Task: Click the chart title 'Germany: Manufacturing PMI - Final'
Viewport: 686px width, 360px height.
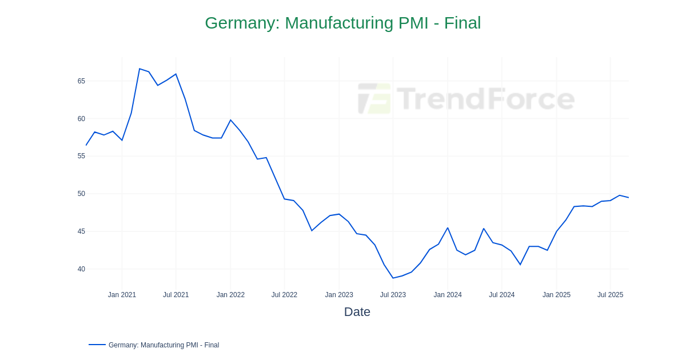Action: (342, 23)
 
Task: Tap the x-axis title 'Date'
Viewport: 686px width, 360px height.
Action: (357, 312)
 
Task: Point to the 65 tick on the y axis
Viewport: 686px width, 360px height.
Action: (81, 81)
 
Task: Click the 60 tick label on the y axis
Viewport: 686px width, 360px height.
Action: (81, 119)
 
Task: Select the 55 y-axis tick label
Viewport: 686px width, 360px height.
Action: (81, 156)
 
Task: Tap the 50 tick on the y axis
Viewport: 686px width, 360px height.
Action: (81, 194)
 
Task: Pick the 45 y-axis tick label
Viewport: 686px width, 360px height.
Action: (81, 231)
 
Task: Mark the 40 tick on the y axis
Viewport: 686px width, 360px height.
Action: (81, 269)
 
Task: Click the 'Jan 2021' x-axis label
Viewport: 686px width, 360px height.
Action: (122, 295)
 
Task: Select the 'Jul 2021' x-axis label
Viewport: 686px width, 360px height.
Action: (176, 295)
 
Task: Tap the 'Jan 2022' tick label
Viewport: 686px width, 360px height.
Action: (230, 295)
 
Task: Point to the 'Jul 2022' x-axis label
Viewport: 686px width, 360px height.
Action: (284, 295)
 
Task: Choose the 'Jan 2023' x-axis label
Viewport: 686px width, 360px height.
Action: (339, 295)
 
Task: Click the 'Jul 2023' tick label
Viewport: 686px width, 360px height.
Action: (393, 295)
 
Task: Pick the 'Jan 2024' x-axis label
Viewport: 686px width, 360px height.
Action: (448, 295)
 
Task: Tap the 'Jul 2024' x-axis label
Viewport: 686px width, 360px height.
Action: (501, 295)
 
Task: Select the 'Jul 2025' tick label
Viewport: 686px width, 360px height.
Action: (610, 295)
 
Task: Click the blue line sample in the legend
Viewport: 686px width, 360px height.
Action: (97, 345)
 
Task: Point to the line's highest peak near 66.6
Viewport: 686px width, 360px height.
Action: (139, 69)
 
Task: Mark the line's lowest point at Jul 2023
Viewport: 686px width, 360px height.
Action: (393, 278)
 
